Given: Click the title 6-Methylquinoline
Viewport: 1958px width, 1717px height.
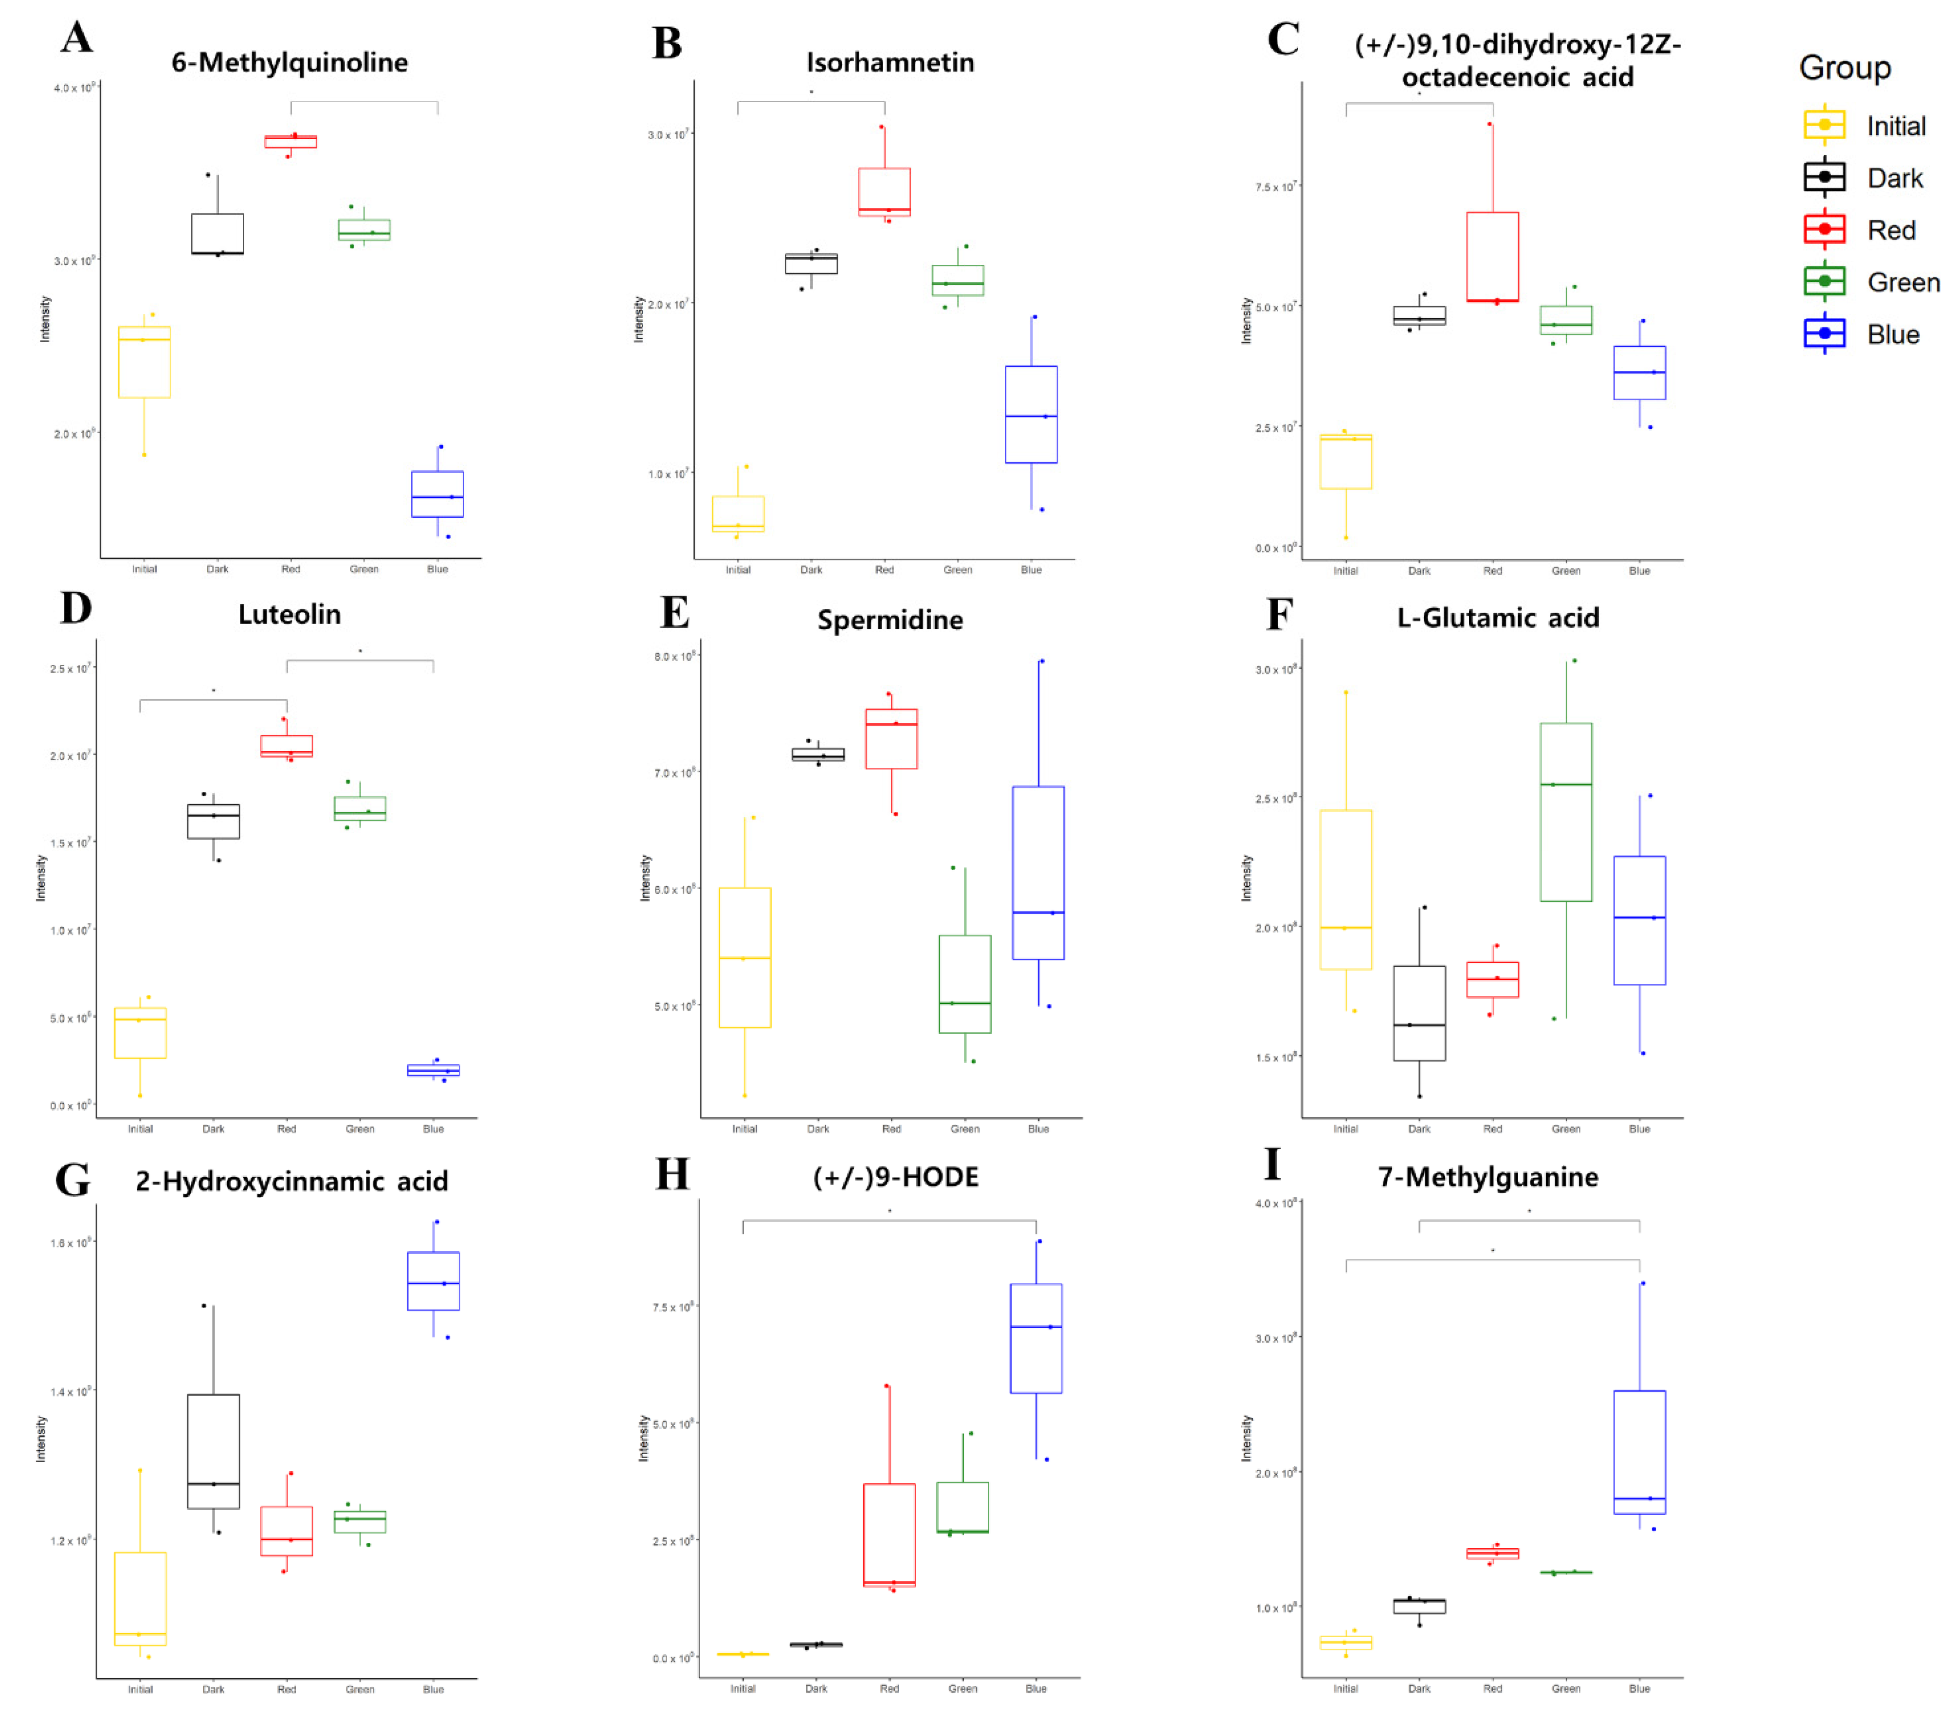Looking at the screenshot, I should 290,62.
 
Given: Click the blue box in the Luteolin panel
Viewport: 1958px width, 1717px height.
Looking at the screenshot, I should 433,1070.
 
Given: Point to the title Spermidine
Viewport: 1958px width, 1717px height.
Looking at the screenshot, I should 890,620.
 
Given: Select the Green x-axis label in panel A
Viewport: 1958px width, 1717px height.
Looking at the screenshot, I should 364,569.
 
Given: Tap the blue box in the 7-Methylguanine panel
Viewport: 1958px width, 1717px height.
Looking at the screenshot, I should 1639,1452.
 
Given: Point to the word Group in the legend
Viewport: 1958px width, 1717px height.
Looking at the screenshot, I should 1844,68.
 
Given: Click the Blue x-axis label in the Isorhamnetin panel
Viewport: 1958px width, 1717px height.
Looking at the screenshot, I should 1031,570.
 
